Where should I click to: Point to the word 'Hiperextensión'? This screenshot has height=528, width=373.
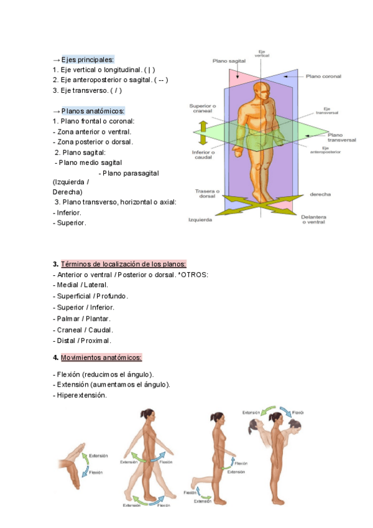pos(81,395)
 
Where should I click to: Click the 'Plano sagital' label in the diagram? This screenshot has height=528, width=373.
pos(229,62)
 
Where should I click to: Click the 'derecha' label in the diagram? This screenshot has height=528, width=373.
pos(320,194)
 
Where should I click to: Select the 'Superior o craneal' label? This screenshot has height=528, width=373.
pos(202,108)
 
